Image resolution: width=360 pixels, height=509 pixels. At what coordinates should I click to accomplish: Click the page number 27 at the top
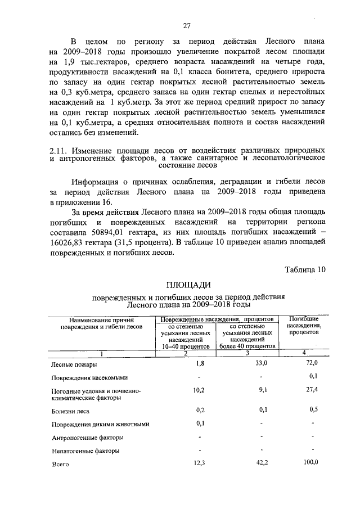(x=187, y=25)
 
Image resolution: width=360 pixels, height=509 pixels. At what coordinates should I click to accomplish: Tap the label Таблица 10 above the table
(x=305, y=269)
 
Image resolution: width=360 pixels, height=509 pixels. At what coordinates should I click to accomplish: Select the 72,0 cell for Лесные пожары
(x=313, y=363)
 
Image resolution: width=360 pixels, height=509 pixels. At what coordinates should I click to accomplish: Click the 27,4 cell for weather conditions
(x=313, y=389)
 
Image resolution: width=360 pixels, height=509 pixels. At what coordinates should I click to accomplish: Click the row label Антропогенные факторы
(x=87, y=438)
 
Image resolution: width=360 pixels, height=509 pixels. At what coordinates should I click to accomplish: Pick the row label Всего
(x=60, y=464)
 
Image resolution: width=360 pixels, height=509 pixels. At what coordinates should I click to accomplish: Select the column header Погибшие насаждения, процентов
(x=304, y=325)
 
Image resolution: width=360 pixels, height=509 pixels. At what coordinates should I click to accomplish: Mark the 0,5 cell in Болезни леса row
(x=314, y=409)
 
